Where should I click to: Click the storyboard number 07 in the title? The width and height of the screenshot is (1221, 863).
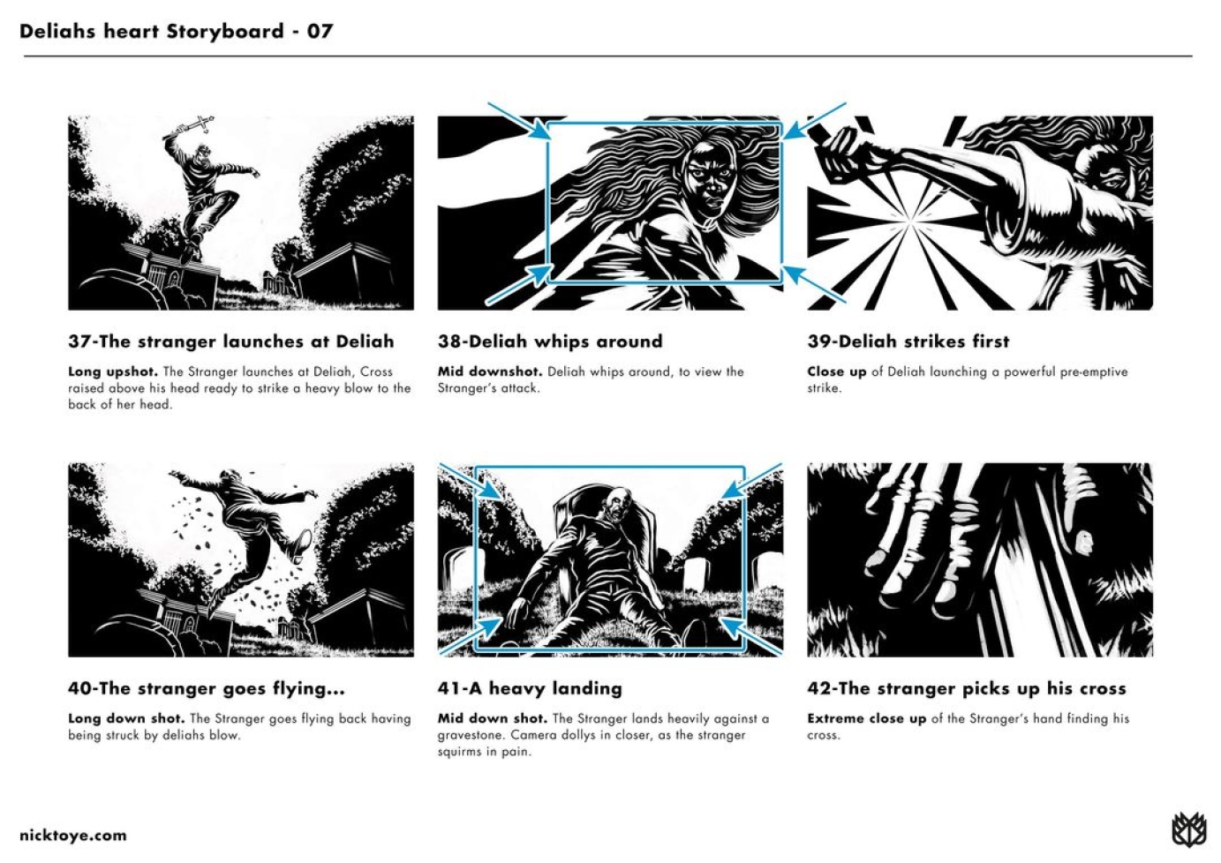point(320,31)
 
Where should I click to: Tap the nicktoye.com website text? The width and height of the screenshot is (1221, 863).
point(73,836)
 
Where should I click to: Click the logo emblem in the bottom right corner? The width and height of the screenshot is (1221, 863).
point(1188,829)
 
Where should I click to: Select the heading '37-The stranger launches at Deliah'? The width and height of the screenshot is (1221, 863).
point(231,341)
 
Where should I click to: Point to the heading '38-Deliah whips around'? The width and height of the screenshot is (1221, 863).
point(550,341)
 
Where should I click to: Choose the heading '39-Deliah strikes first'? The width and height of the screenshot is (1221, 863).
point(908,341)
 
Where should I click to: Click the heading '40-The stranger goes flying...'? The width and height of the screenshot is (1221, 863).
point(207,688)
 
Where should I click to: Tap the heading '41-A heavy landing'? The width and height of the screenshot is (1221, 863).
point(530,688)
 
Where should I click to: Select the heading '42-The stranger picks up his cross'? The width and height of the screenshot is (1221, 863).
point(967,688)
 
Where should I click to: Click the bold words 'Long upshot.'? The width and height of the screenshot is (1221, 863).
point(113,372)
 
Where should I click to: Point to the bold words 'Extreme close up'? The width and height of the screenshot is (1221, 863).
point(867,719)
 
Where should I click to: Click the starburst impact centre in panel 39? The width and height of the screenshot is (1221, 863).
point(909,221)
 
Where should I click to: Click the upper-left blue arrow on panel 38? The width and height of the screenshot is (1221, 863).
point(519,121)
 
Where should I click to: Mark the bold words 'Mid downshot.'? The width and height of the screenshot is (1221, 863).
point(490,372)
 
